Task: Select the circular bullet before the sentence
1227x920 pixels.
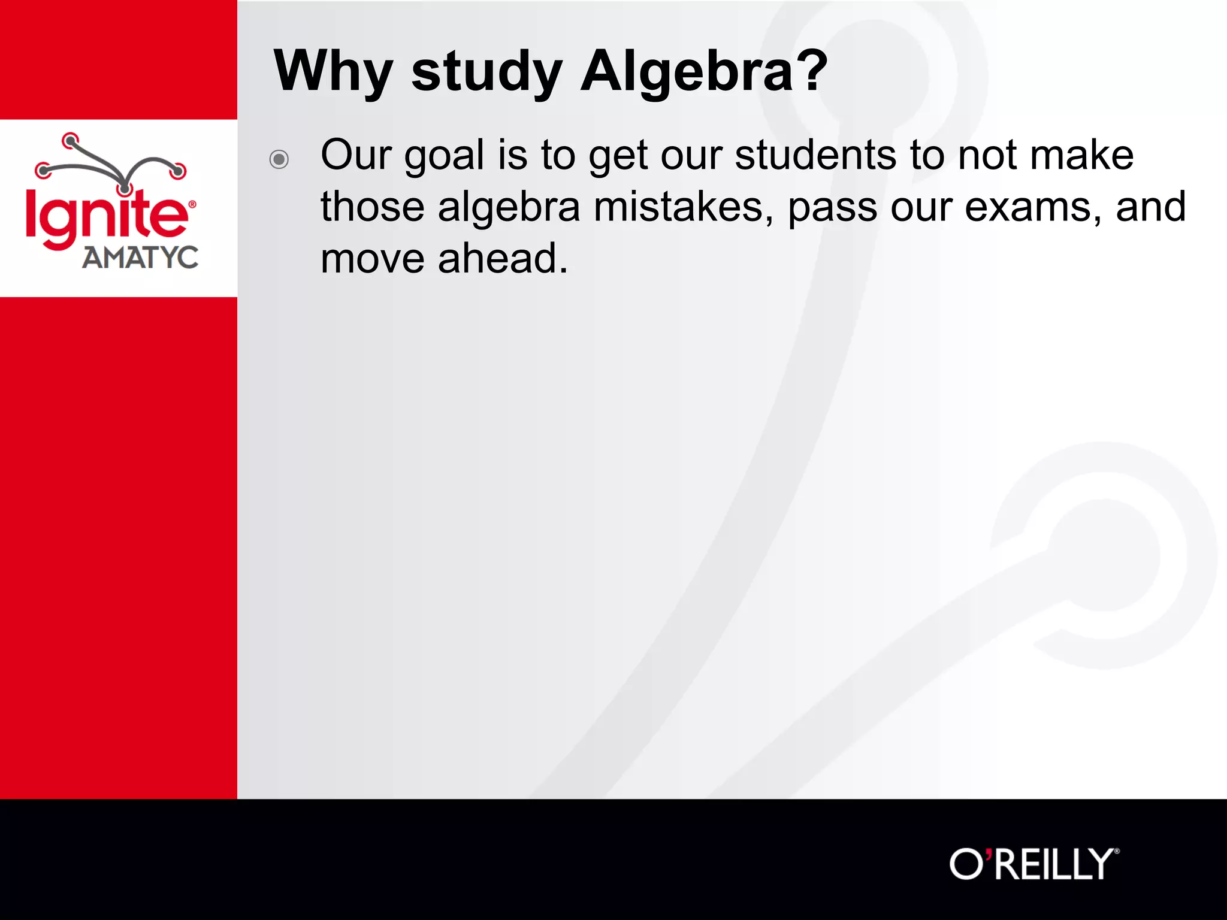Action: click(x=279, y=159)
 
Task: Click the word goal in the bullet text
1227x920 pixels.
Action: click(x=444, y=156)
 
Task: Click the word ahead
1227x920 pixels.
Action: click(x=503, y=259)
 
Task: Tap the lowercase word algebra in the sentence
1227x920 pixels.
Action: click(x=509, y=207)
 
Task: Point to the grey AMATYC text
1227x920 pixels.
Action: click(x=140, y=258)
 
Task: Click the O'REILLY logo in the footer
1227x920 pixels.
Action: click(x=1033, y=864)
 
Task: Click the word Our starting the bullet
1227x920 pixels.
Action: click(x=356, y=155)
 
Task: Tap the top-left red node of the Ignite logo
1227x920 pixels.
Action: click(x=71, y=141)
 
